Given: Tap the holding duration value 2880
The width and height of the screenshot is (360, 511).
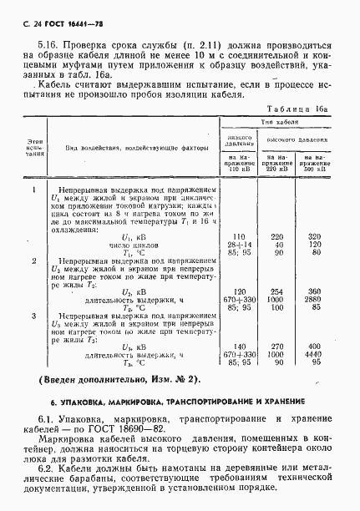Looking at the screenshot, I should [x=313, y=300].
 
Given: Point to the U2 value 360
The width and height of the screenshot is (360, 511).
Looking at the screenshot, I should [x=314, y=292].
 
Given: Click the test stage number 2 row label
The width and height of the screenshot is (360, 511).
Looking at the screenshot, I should [x=33, y=261].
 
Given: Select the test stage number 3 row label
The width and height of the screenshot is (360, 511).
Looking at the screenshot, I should [x=33, y=316].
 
